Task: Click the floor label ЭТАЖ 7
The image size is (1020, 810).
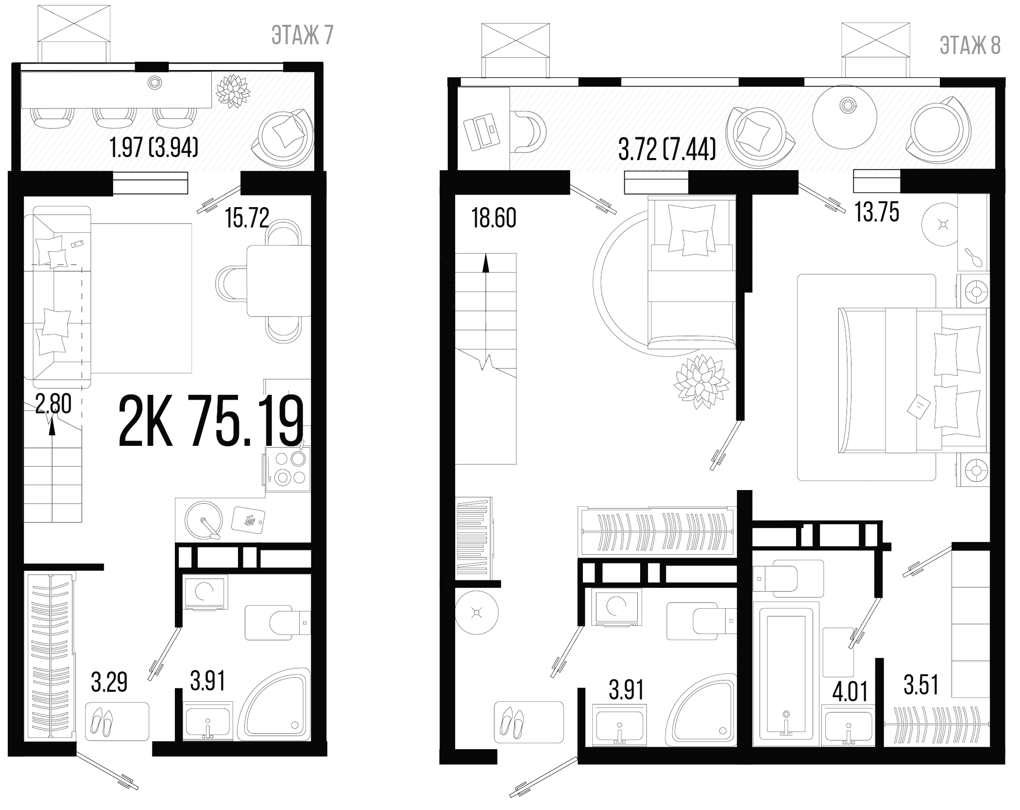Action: point(302,35)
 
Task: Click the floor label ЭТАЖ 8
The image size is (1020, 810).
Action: point(970,46)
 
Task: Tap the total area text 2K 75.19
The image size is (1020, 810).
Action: point(211,421)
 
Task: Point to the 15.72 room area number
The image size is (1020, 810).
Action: point(247,218)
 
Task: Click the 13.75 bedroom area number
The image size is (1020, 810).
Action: point(877,212)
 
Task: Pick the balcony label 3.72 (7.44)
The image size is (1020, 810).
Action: point(667,149)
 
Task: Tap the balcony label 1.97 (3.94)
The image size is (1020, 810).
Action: point(154,147)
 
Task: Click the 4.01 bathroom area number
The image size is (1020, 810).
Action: point(850,691)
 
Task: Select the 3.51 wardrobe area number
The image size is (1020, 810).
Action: point(921,685)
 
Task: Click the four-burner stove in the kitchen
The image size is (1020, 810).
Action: point(288,469)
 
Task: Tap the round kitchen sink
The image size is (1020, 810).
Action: point(204,520)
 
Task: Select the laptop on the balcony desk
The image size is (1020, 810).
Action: point(482,131)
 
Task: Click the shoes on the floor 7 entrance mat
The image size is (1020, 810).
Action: point(102,722)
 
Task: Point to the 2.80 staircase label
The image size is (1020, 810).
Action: point(53,404)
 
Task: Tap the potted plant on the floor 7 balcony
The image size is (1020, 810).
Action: point(233,90)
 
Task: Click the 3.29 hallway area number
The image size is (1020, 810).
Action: point(109,682)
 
